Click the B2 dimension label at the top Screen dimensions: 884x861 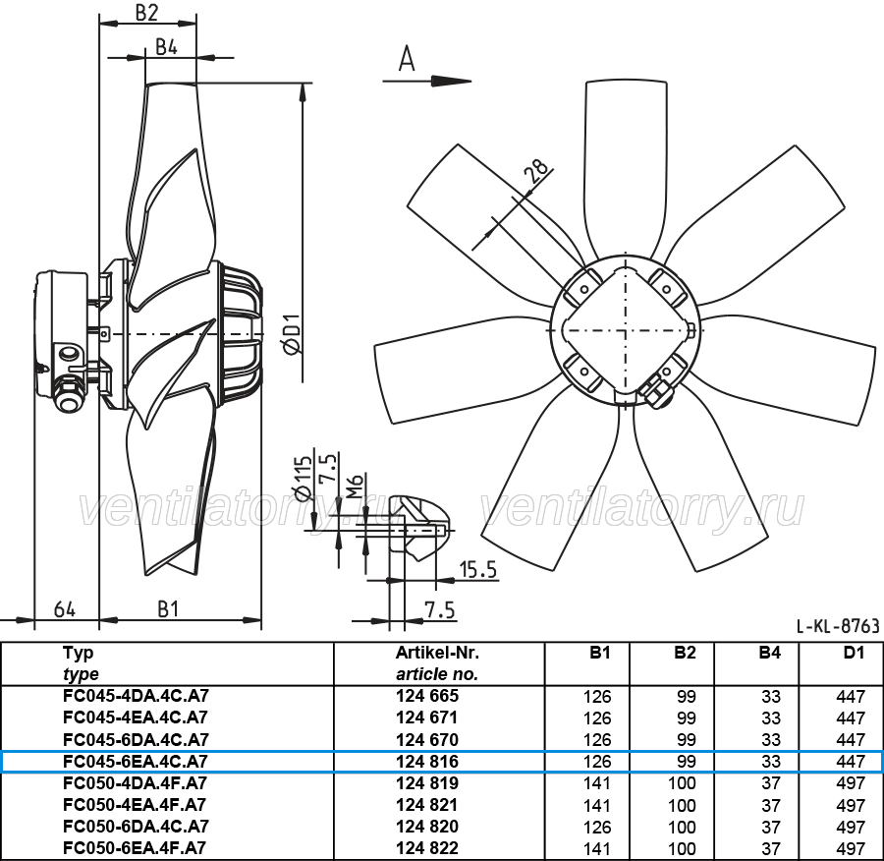coord(146,13)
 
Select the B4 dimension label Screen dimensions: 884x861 coord(166,47)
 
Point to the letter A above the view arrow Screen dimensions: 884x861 coord(407,59)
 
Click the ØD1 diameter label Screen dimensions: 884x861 coord(293,333)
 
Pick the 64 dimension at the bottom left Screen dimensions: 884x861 coord(65,609)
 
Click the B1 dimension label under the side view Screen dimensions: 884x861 coord(168,609)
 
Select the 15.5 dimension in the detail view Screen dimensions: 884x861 coord(477,570)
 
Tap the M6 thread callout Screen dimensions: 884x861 coord(355,487)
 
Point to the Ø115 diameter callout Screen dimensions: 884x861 coord(304,478)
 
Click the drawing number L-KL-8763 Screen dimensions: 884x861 coord(838,626)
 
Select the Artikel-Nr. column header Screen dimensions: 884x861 coord(437,653)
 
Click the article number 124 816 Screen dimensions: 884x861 coord(427,761)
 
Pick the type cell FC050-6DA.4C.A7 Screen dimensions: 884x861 coord(136,826)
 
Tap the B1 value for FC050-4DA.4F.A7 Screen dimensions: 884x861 coord(597,783)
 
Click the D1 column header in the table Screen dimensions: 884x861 coord(854,653)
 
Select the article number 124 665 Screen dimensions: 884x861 coord(427,696)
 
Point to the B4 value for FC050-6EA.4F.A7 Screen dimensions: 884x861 coord(771,848)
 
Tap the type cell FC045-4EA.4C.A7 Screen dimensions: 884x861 coord(136,717)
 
